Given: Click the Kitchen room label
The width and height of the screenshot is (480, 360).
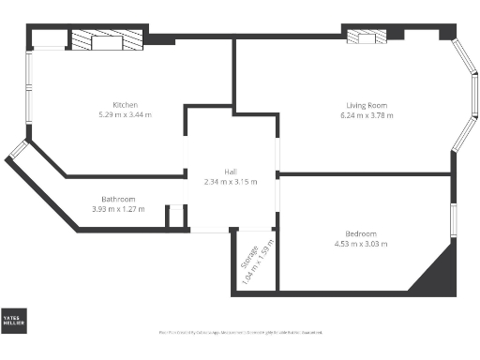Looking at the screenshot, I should tap(126, 104).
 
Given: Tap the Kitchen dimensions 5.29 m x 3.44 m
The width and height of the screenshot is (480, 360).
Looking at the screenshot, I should tap(126, 114).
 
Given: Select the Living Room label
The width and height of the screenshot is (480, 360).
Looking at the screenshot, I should tap(365, 105).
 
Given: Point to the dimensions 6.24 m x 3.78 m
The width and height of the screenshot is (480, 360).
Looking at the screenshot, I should tap(365, 115).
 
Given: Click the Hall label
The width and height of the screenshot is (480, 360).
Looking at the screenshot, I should tap(230, 171).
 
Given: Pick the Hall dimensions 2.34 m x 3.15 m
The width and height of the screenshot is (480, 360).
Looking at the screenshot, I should tap(230, 181).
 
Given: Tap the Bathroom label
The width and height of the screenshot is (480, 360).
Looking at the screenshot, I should tap(119, 199).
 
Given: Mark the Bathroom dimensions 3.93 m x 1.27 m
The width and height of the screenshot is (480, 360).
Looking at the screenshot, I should tap(119, 209).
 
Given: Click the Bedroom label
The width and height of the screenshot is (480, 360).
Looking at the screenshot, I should tap(361, 233).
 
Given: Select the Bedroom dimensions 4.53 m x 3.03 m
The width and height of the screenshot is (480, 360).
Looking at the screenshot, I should tap(361, 244).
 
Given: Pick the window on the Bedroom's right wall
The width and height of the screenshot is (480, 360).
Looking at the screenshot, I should tap(455, 217).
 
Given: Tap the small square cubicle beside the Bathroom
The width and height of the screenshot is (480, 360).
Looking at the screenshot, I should tap(175, 217).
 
